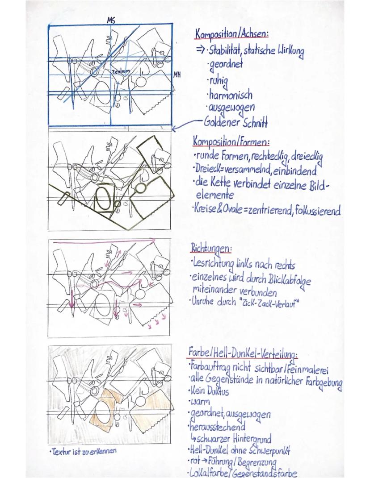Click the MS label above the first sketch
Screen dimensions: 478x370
click(111, 20)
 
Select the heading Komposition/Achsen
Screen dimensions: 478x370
click(231, 33)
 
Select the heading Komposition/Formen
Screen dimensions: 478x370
click(231, 142)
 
